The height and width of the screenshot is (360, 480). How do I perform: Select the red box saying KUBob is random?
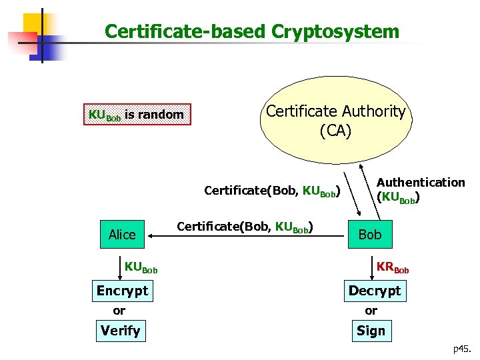tap(136, 115)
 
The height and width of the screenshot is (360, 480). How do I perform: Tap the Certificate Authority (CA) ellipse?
tap(335, 120)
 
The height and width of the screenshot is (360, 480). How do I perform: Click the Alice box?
tap(122, 234)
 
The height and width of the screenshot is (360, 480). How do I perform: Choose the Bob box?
tap(369, 234)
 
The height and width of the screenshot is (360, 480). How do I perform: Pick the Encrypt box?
tap(122, 291)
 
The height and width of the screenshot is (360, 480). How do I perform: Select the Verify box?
tap(120, 331)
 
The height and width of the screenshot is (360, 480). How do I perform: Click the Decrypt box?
tap(375, 291)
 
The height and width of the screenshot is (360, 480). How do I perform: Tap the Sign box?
tap(371, 331)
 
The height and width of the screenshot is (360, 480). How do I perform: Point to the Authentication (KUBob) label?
tap(420, 190)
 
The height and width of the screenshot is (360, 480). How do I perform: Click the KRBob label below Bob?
tap(392, 268)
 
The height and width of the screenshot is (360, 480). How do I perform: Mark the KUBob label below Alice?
tap(141, 268)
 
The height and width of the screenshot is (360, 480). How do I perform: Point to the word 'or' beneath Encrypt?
tap(119, 311)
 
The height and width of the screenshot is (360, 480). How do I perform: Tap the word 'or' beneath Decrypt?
tap(371, 311)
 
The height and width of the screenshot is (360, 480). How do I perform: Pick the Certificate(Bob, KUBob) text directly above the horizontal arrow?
tap(245, 226)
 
